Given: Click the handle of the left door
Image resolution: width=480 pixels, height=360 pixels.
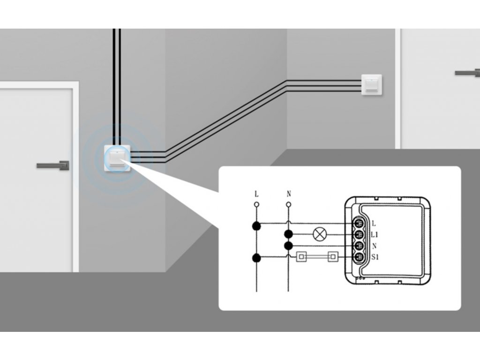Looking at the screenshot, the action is pyautogui.click(x=53, y=165).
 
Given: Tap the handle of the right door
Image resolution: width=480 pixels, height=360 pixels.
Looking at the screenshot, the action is pyautogui.click(x=467, y=73).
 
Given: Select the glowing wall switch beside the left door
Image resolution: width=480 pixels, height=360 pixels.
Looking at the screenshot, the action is pyautogui.click(x=118, y=158).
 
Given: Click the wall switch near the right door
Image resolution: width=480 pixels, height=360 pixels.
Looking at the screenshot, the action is pyautogui.click(x=372, y=85).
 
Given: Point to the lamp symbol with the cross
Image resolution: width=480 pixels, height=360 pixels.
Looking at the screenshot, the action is pyautogui.click(x=320, y=234).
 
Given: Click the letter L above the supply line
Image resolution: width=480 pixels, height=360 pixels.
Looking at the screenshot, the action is pyautogui.click(x=256, y=194).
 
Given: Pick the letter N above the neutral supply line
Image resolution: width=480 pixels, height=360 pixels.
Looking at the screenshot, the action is pyautogui.click(x=289, y=194).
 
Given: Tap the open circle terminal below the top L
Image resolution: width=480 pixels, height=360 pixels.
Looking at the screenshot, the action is pyautogui.click(x=256, y=204).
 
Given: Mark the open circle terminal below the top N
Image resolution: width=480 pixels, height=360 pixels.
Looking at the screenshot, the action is pyautogui.click(x=288, y=204).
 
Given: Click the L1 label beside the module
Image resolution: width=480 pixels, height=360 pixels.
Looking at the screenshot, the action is pyautogui.click(x=375, y=235).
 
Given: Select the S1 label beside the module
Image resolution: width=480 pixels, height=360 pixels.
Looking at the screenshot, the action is pyautogui.click(x=375, y=257).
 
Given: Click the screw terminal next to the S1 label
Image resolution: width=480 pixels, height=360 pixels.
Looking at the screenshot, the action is pyautogui.click(x=359, y=257).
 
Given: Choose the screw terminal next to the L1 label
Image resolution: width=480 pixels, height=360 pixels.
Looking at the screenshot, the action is pyautogui.click(x=359, y=235).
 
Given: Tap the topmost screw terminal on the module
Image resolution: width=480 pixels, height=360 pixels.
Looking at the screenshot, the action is pyautogui.click(x=359, y=224).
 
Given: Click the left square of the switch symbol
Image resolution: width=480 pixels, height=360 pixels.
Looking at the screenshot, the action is pyautogui.click(x=301, y=257).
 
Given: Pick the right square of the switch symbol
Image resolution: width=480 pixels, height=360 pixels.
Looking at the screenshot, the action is pyautogui.click(x=333, y=257).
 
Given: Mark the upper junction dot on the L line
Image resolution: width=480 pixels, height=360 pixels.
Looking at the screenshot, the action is pyautogui.click(x=256, y=226).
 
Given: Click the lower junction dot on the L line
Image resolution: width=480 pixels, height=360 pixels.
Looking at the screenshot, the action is pyautogui.click(x=256, y=258).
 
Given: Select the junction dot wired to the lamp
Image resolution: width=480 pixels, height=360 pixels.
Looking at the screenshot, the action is pyautogui.click(x=288, y=234).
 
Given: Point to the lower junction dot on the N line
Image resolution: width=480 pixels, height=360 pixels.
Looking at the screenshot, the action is pyautogui.click(x=288, y=246).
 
